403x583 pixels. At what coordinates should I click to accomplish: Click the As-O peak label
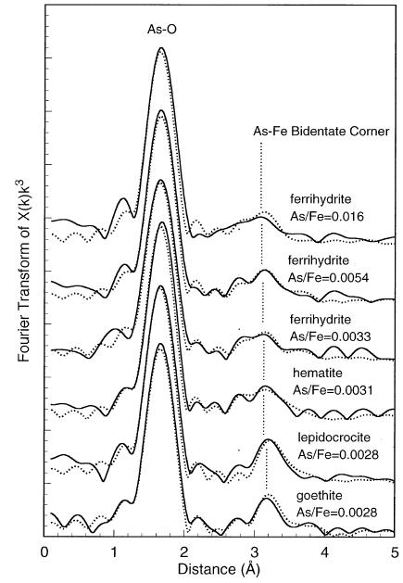tap(162, 30)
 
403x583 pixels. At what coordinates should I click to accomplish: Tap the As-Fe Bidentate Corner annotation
tap(321, 132)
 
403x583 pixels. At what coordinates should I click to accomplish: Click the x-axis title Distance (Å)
tap(219, 569)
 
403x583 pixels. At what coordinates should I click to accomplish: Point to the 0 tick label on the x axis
tap(45, 552)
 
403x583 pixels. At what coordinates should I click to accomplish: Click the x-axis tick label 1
tap(114, 552)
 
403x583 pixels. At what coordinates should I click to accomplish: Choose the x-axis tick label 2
tap(184, 552)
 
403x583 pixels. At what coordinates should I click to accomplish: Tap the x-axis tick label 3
tap(255, 552)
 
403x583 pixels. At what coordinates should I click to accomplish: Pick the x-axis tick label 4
tap(325, 552)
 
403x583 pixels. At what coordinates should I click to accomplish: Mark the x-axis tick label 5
tap(395, 552)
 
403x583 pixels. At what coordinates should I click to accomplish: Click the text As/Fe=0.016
tap(326, 216)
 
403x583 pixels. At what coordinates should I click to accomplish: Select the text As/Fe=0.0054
tap(329, 277)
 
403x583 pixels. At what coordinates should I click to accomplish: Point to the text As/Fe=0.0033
tap(330, 336)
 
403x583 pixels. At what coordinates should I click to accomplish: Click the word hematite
tap(318, 373)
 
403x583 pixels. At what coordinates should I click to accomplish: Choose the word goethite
tap(320, 496)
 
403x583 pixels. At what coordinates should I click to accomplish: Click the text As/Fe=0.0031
tap(333, 390)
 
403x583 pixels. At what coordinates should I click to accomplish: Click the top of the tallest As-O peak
tap(161, 47)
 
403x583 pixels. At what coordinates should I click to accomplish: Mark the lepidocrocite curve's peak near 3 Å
tap(268, 439)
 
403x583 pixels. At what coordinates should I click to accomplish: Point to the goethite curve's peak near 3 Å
tap(266, 499)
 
